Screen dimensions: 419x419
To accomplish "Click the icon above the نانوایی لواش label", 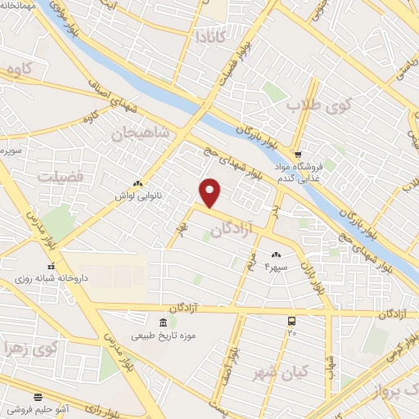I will coord(137,184).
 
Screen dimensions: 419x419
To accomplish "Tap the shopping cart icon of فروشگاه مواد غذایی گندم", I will coord(300,153).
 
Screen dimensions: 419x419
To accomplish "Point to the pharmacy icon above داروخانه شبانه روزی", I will coord(51,266).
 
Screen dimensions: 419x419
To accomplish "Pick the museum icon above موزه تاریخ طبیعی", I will coord(163,323).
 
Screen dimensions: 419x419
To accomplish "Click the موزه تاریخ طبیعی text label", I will coord(163,336).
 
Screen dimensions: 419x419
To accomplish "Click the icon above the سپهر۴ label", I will coord(276,256).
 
